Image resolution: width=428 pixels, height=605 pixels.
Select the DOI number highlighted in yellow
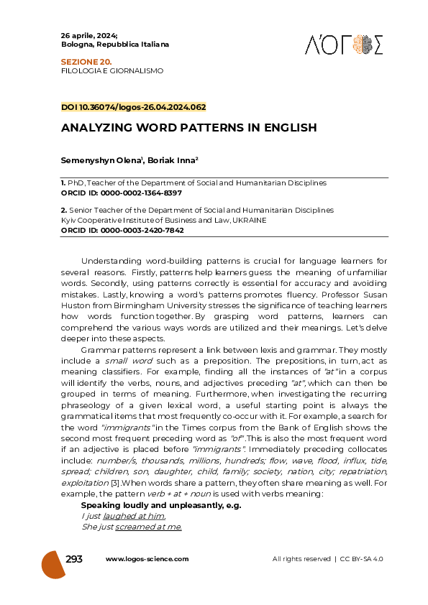point(134,107)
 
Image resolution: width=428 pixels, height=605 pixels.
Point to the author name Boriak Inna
point(174,162)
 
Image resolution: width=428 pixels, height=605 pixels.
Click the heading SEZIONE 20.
point(81,63)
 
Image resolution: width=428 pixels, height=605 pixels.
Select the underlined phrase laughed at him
point(135,516)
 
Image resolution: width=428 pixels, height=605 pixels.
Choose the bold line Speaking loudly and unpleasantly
point(160,505)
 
